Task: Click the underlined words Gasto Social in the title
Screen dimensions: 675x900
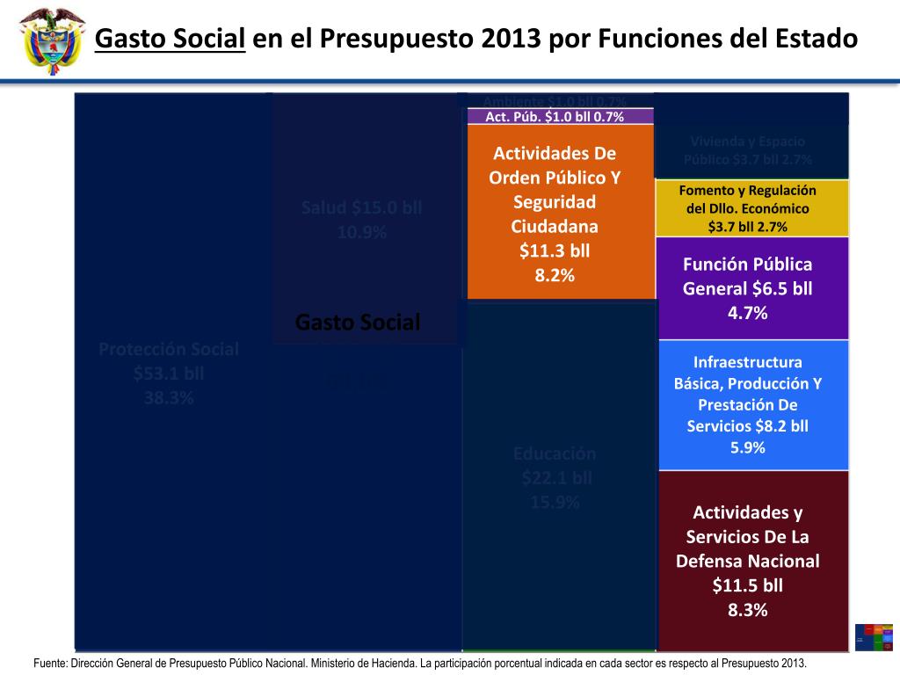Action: (169, 39)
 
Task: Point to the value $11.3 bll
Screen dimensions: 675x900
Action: (555, 250)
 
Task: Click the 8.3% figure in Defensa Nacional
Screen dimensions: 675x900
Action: (748, 610)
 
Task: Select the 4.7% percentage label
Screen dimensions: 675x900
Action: (748, 313)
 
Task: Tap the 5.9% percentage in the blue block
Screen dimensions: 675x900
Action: (748, 447)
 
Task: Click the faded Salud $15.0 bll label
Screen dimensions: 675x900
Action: (361, 220)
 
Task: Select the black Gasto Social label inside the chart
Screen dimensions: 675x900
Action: (358, 323)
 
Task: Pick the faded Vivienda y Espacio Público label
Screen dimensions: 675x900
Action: (748, 150)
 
